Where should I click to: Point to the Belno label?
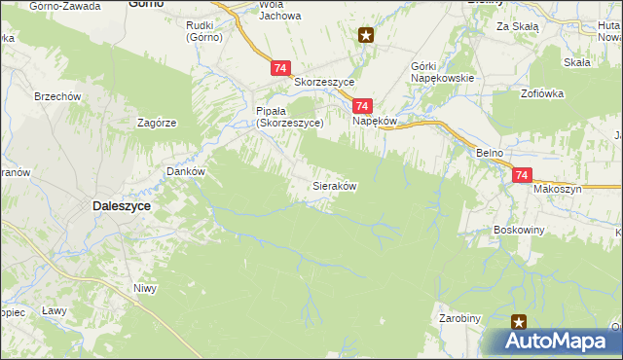[489, 154]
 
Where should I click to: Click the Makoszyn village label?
[557, 189]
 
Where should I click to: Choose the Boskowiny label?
[519, 230]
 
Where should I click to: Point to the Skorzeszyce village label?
[323, 83]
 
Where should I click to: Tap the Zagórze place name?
[157, 124]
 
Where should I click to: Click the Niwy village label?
[145, 287]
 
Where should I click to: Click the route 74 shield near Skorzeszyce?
[280, 68]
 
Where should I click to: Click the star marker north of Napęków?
[366, 37]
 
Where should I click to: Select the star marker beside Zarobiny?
[519, 321]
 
